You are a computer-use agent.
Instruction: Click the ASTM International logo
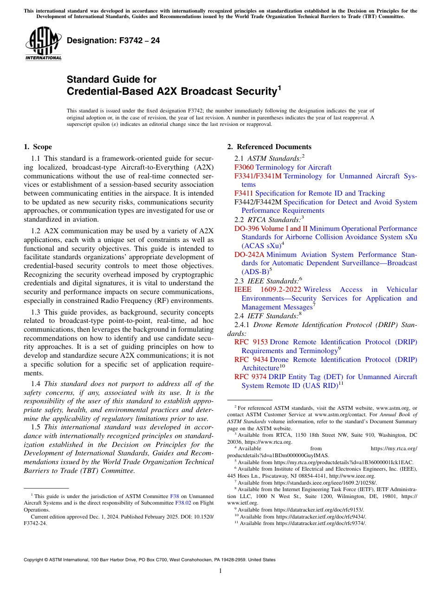pos(43,45)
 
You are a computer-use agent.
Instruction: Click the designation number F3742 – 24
pos(113,40)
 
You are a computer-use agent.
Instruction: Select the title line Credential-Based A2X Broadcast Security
pos(172,92)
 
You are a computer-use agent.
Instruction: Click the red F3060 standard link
pos(244,167)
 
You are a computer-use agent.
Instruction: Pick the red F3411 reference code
pos(244,193)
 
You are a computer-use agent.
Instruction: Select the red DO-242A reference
pos(249,255)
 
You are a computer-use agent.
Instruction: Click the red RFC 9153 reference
pos(251,342)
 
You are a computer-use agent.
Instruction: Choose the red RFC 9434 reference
pos(251,360)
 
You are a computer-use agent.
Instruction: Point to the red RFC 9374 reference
pos(251,377)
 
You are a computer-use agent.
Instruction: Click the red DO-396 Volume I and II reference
pos(271,229)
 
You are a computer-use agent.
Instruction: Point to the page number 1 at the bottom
pos(220,571)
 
